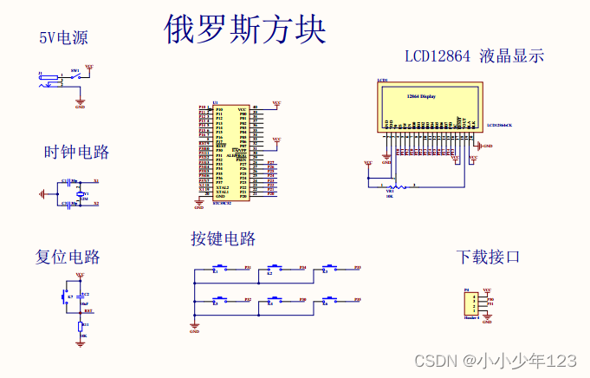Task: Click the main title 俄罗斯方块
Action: (x=245, y=30)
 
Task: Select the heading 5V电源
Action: (x=63, y=37)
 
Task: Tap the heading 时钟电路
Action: (x=77, y=153)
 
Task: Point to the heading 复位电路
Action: (x=68, y=257)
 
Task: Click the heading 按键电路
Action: (x=224, y=238)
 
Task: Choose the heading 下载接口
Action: (x=489, y=257)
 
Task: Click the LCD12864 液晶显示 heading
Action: (x=475, y=56)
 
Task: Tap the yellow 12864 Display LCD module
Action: (x=428, y=105)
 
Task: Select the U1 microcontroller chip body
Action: (x=231, y=153)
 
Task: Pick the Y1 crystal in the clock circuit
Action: (x=75, y=194)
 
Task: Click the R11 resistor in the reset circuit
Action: (x=81, y=326)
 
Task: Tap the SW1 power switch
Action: (x=76, y=78)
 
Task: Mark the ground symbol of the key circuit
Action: (x=194, y=326)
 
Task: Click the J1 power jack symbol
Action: (x=49, y=80)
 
